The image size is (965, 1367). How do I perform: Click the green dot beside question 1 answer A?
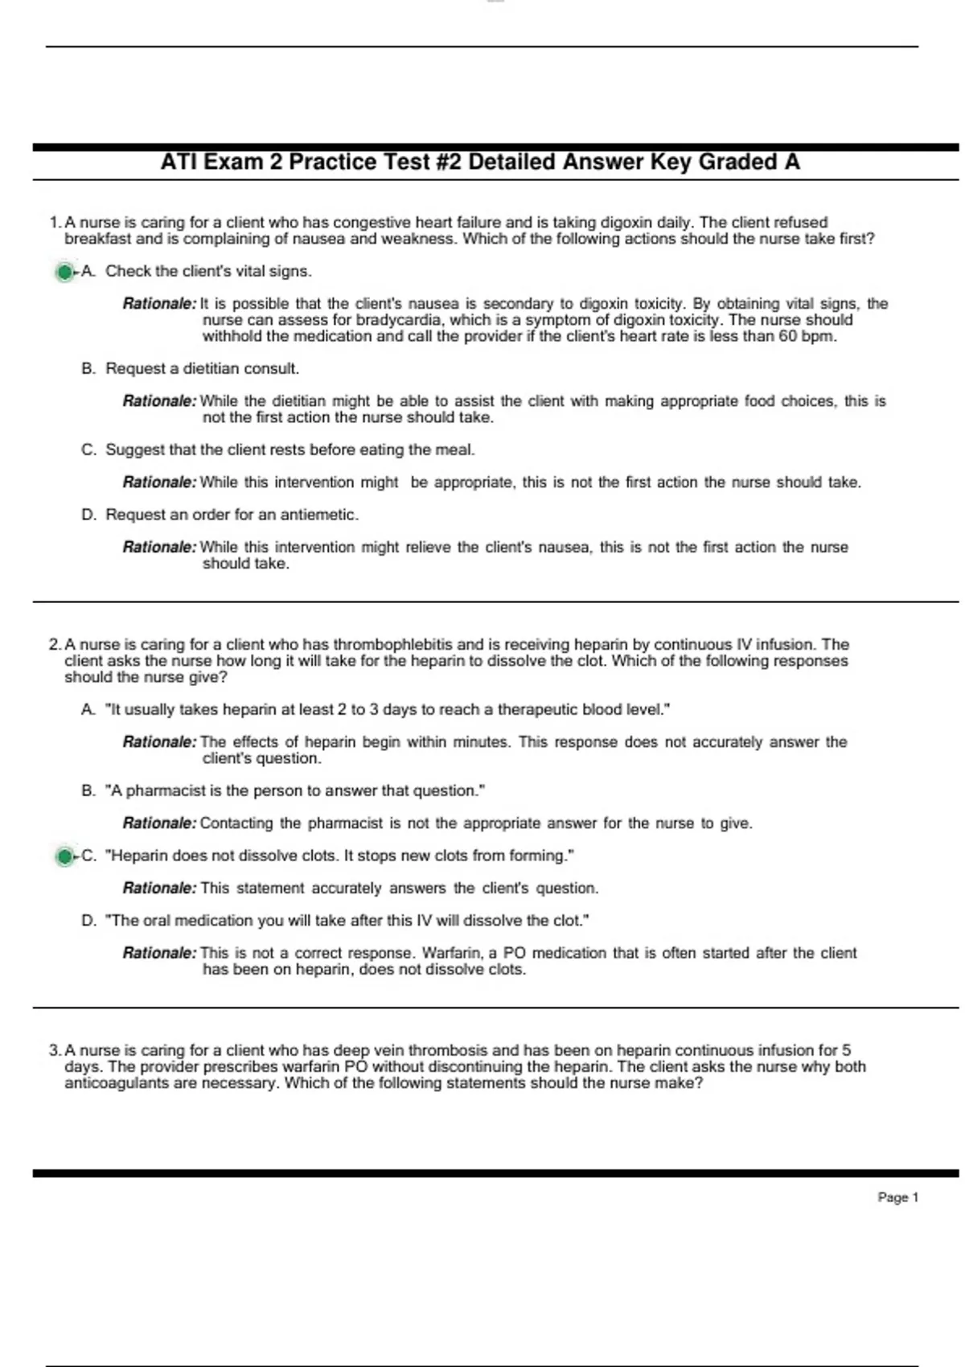point(64,273)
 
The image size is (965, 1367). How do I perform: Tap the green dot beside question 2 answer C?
point(64,856)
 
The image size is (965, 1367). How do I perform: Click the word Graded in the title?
point(737,162)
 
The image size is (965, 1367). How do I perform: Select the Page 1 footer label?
point(897,1197)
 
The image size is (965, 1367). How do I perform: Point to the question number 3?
point(54,1050)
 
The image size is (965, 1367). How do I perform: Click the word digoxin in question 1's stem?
point(623,222)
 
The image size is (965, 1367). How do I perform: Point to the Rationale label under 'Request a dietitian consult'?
point(158,400)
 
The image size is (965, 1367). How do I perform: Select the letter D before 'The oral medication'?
point(88,921)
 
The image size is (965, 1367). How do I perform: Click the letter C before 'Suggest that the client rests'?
point(88,450)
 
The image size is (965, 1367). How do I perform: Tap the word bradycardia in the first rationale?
point(398,320)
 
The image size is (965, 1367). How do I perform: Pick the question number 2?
point(54,644)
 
